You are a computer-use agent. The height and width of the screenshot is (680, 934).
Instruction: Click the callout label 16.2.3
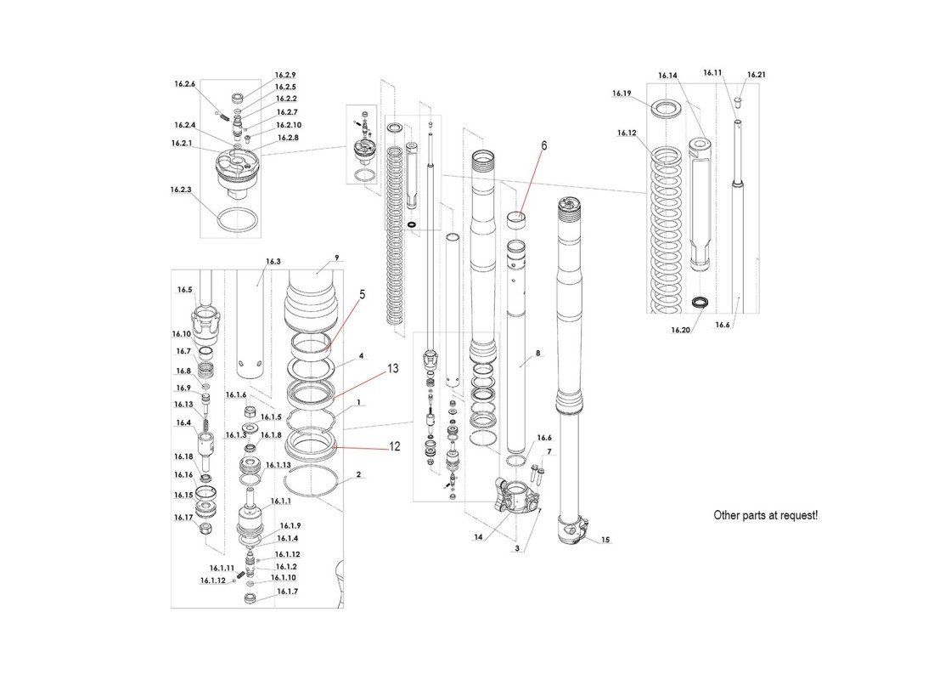point(180,190)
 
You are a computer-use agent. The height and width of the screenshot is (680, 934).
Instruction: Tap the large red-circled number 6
point(544,145)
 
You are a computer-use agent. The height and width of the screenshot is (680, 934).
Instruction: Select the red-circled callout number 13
point(392,369)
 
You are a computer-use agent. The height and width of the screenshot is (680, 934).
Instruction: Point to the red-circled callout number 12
point(394,445)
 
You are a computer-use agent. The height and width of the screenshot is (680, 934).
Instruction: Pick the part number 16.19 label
point(622,93)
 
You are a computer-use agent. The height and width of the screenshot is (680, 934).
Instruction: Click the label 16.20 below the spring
point(681,329)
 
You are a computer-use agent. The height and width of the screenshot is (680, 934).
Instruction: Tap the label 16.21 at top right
point(756,75)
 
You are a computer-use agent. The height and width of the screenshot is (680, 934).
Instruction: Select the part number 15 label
point(605,540)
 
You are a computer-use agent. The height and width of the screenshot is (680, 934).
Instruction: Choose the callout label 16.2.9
point(285,75)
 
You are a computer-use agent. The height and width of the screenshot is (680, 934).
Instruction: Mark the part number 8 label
point(537,352)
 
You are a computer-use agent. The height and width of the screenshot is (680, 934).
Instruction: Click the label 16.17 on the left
point(184,517)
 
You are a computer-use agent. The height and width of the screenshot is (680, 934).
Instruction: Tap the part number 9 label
point(336,256)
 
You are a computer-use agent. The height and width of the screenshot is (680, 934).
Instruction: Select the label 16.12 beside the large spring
point(627,133)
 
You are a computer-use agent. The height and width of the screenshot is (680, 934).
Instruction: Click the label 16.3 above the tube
point(273,262)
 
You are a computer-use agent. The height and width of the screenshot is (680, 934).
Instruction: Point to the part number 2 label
point(359,474)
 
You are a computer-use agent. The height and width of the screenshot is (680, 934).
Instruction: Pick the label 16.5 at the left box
point(184,290)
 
